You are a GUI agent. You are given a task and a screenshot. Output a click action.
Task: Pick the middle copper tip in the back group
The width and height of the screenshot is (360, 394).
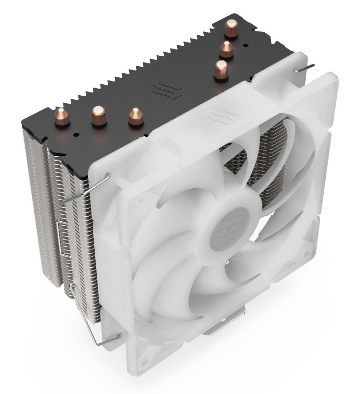pos(226,49)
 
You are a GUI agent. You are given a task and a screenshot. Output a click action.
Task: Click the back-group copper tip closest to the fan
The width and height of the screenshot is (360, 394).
pos(220,70)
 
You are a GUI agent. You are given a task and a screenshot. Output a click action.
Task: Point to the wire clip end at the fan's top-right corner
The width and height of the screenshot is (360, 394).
pos(305,68)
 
